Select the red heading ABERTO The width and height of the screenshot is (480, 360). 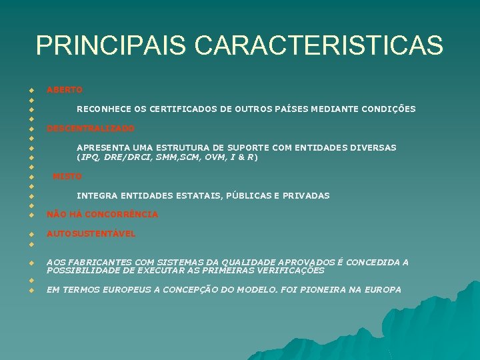[x=65, y=89]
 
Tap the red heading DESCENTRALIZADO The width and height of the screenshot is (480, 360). [x=90, y=128]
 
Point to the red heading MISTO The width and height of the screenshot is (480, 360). [x=67, y=177]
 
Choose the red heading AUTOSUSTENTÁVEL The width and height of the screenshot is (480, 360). [x=91, y=234]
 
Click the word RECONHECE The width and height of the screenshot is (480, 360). [x=103, y=109]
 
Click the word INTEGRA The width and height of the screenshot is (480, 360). [x=96, y=196]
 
